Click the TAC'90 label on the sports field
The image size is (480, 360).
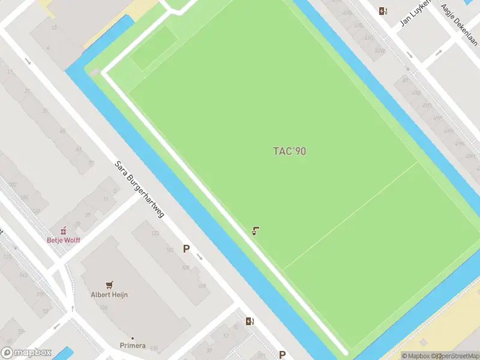(x=289, y=151)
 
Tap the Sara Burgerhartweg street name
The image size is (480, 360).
(x=139, y=189)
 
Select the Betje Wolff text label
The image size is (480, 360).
(x=63, y=240)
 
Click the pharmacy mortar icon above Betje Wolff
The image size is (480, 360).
(x=62, y=230)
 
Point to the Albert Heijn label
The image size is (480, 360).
(x=109, y=295)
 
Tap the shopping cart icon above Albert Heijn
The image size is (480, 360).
(x=109, y=284)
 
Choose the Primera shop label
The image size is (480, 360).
(x=132, y=346)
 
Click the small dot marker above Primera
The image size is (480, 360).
(x=132, y=338)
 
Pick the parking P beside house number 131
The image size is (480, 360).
(x=186, y=248)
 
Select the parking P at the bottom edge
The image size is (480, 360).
(x=282, y=355)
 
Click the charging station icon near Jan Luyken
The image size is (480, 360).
(x=383, y=11)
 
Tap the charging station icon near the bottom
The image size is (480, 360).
(x=250, y=322)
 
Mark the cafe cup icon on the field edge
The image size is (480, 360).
(x=256, y=230)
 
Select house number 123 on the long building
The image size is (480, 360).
(x=155, y=233)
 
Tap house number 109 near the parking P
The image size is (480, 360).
(x=202, y=286)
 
